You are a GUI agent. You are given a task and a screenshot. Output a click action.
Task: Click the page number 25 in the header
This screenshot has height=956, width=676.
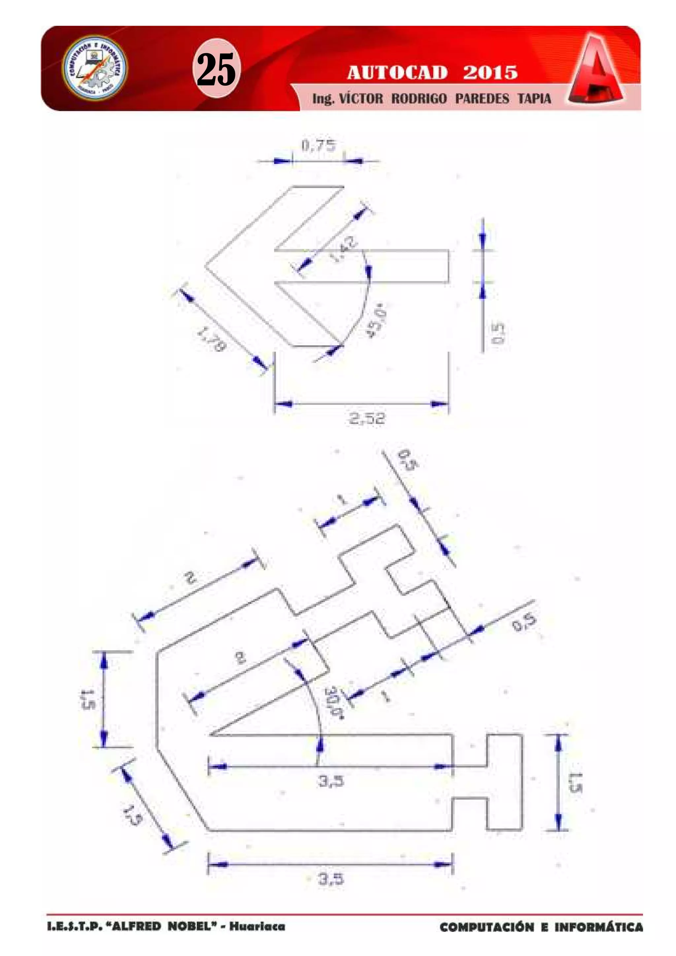[216, 69]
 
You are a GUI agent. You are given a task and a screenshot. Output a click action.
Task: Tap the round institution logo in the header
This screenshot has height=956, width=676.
[95, 67]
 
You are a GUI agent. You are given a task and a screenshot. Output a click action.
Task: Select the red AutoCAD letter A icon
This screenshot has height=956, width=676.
[596, 70]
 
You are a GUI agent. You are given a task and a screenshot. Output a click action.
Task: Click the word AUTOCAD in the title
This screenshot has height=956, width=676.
[397, 73]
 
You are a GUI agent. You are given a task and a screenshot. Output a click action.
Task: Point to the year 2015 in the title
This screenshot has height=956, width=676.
[490, 73]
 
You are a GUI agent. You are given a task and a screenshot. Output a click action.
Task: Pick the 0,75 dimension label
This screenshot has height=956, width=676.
[318, 145]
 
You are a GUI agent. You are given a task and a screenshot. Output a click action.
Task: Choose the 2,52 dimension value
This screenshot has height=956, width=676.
[367, 418]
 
